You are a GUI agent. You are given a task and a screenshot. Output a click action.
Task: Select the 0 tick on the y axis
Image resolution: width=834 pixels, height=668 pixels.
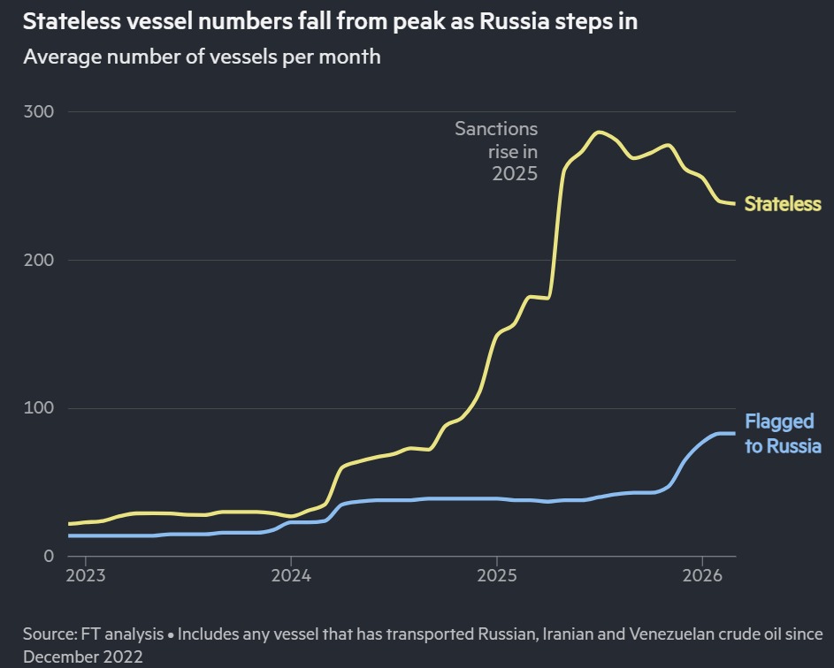pyautogui.click(x=49, y=556)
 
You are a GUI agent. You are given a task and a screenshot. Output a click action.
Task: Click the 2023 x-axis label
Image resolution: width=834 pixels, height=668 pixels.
pyautogui.click(x=86, y=575)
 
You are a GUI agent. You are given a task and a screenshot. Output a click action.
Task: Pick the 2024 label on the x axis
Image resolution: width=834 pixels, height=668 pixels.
pyautogui.click(x=291, y=575)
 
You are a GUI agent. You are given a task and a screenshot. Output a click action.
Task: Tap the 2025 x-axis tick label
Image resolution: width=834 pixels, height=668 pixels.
pyautogui.click(x=497, y=575)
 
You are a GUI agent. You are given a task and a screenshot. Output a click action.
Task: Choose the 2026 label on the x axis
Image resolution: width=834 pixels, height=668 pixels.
pyautogui.click(x=702, y=575)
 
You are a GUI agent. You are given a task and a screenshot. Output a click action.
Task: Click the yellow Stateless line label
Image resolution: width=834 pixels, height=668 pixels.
pyautogui.click(x=783, y=204)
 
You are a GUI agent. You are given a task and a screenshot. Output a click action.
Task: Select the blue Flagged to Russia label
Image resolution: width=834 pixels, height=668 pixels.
pyautogui.click(x=783, y=433)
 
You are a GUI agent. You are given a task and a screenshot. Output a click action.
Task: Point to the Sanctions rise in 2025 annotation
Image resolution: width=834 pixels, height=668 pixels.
pyautogui.click(x=497, y=151)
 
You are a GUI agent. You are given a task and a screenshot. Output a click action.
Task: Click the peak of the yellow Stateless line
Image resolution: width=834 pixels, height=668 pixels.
pyautogui.click(x=599, y=133)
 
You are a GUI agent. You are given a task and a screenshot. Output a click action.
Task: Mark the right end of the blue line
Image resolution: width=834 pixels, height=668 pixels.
pyautogui.click(x=734, y=433)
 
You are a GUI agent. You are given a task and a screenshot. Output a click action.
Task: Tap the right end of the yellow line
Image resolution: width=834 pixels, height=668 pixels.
pyautogui.click(x=734, y=204)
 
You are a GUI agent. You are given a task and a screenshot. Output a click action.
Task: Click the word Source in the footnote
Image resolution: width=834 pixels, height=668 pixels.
pyautogui.click(x=50, y=634)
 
